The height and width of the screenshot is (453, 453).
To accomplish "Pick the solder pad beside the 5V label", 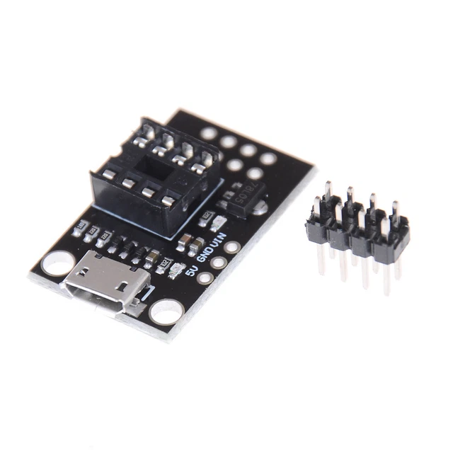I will pyautogui.click(x=205, y=277).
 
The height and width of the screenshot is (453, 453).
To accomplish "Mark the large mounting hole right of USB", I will pyautogui.click(x=168, y=309).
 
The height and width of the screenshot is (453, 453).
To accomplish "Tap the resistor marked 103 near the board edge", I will pyautogui.click(x=81, y=227).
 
